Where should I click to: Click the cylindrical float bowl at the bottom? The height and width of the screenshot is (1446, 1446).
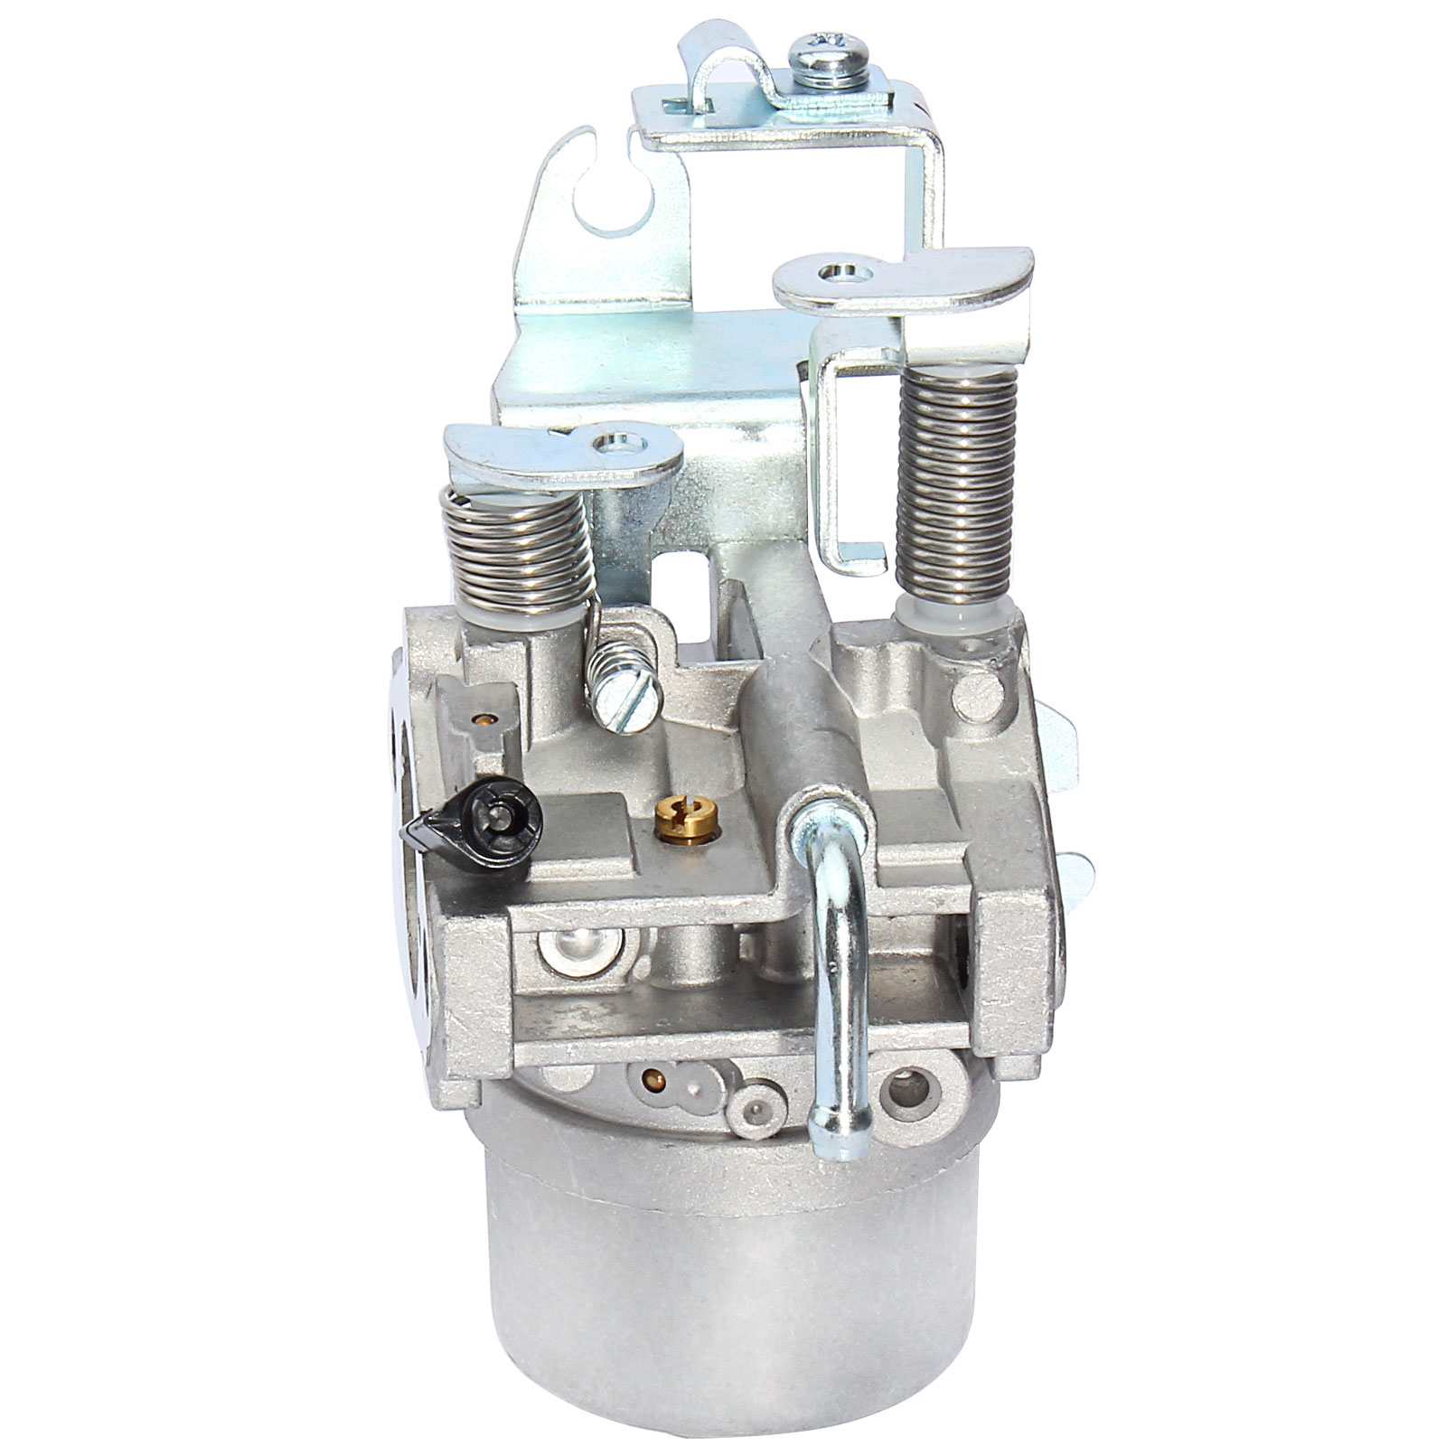point(723,1265)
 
